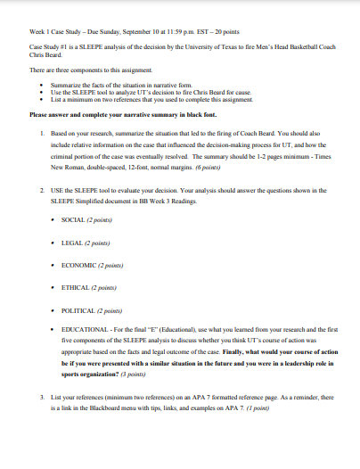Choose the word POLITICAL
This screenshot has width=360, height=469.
tap(79, 311)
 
